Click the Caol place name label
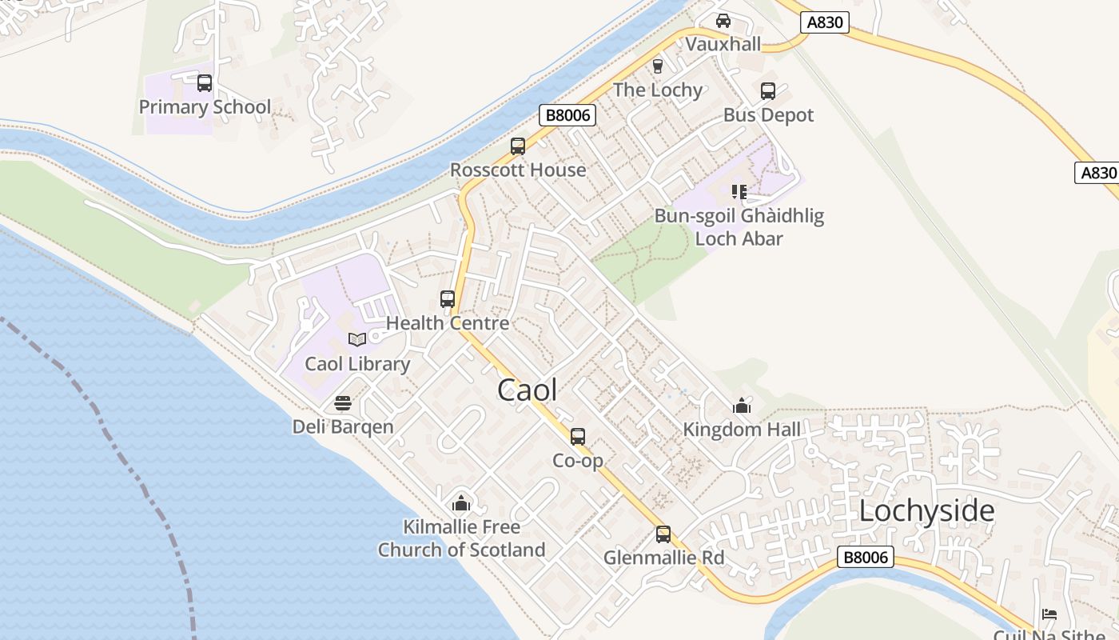527,390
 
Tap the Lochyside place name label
926,510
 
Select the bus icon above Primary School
205,82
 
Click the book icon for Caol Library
357,339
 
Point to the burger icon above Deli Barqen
343,402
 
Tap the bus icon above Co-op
578,437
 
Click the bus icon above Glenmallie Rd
663,534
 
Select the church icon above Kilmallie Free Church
461,503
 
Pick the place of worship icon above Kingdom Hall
742,406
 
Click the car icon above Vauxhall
723,20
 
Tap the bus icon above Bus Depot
768,90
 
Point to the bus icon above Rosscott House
518,146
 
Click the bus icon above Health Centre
448,299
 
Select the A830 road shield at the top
825,22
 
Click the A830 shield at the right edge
1097,173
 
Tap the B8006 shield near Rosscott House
567,115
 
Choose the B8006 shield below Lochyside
866,557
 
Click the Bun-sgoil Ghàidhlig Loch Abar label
739,226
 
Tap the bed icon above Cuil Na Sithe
1049,614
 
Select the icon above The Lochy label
658,66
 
